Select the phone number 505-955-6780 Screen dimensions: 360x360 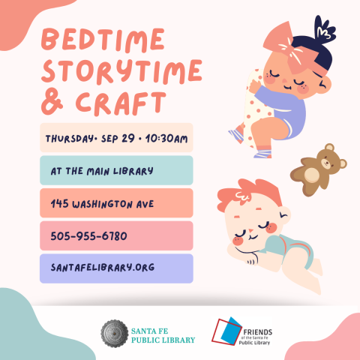[x=88, y=236]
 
